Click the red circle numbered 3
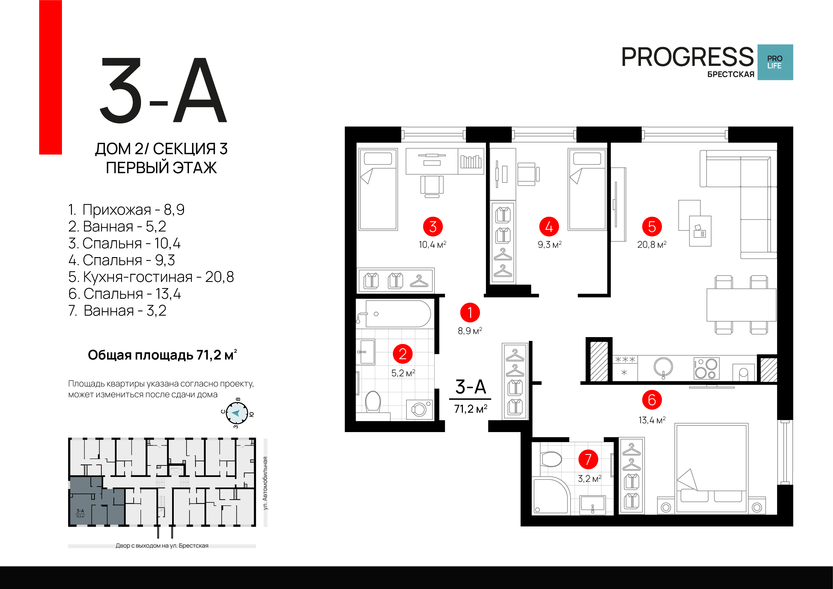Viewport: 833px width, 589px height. pos(433,226)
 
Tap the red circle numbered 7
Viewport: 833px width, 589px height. pos(588,459)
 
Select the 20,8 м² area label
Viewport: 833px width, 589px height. pos(652,245)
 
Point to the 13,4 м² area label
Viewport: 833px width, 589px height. pos(652,420)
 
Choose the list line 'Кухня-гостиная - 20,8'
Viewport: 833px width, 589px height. pos(151,277)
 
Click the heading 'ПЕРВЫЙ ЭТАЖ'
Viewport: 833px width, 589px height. pos(161,168)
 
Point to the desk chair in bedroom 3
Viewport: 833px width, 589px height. pos(432,186)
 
